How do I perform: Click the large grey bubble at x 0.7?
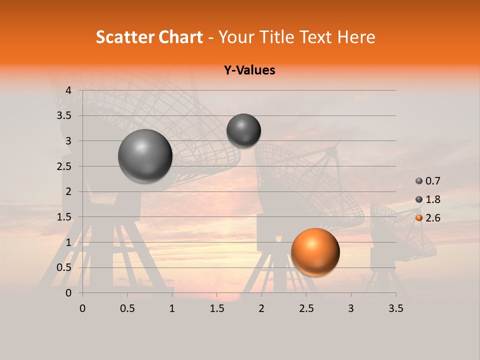click(x=145, y=156)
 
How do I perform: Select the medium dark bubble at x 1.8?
click(x=243, y=130)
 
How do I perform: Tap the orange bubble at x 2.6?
click(x=315, y=252)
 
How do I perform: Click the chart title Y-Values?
click(x=249, y=70)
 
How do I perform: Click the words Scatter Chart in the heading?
click(x=149, y=37)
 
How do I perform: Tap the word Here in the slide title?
click(x=356, y=37)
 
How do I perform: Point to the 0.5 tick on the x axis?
click(x=127, y=308)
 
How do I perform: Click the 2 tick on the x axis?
click(x=261, y=308)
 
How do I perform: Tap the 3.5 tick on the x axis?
click(x=395, y=308)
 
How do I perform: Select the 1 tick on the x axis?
click(x=172, y=308)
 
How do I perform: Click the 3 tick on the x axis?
click(x=351, y=308)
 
